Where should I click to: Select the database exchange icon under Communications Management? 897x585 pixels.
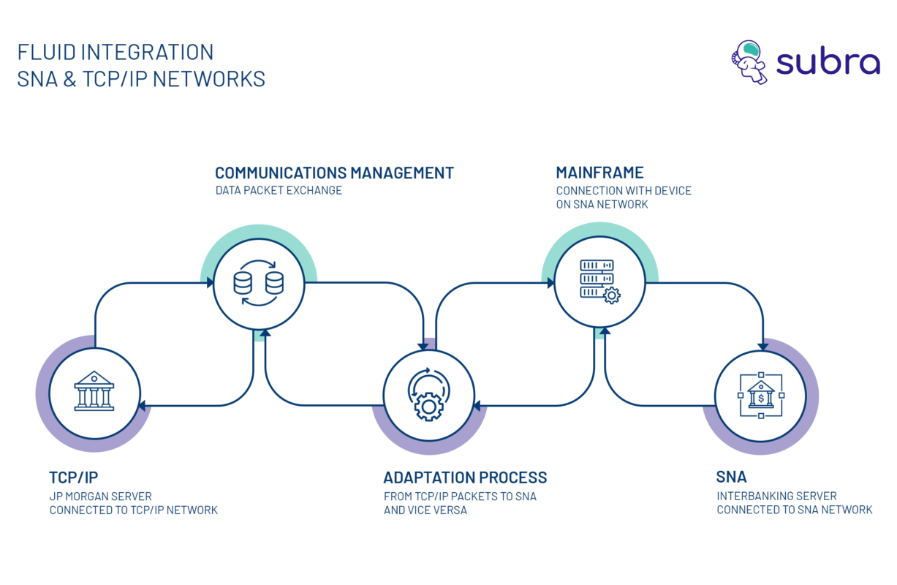click(258, 283)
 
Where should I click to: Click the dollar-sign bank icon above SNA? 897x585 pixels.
click(760, 395)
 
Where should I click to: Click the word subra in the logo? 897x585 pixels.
click(828, 63)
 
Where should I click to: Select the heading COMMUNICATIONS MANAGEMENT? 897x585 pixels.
click(334, 173)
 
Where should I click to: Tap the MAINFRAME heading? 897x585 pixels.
click(599, 173)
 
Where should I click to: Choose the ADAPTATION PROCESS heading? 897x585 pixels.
click(465, 478)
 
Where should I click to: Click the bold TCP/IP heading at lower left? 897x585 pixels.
click(73, 478)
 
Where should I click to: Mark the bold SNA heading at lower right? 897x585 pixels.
click(732, 478)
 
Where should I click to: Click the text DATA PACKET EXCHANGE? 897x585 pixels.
click(279, 191)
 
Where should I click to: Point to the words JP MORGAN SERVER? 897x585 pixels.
click(100, 497)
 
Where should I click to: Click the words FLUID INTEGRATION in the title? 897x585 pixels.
click(116, 53)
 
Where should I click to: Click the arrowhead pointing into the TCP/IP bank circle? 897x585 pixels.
click(142, 405)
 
